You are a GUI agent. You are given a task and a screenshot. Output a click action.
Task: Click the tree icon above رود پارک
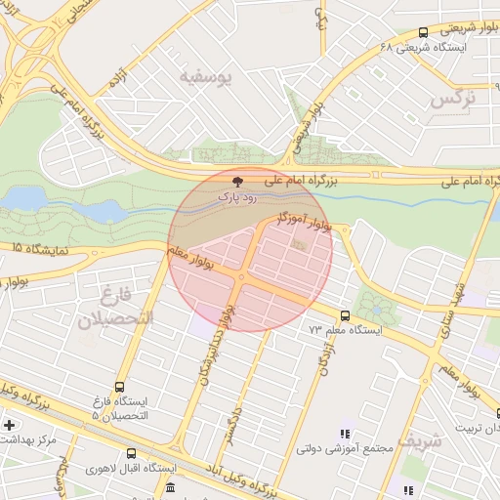(237, 182)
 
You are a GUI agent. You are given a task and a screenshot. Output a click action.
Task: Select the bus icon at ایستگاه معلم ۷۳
(345, 315)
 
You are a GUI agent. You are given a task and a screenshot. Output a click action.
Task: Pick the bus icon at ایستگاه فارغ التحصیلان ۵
(119, 387)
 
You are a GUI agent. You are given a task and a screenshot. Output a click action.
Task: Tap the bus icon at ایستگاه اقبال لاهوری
(133, 453)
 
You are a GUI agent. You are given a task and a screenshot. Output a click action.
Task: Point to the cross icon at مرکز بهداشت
(9, 425)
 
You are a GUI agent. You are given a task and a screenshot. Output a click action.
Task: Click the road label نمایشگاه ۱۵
(35, 251)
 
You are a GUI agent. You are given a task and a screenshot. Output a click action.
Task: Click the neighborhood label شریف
(427, 440)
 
